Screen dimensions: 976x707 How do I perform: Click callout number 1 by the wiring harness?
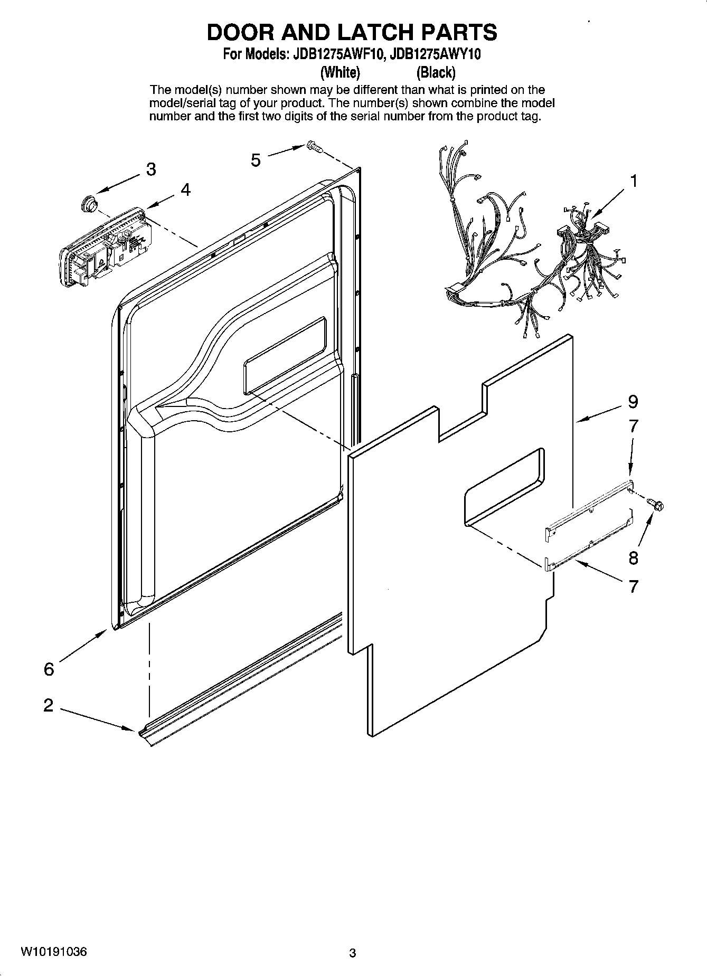click(x=634, y=181)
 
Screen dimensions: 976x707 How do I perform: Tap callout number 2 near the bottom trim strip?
click(x=49, y=705)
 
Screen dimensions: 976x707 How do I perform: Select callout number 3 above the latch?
click(x=151, y=169)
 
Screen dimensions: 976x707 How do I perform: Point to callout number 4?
click(x=185, y=189)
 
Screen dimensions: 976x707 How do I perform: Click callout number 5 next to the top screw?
click(x=256, y=159)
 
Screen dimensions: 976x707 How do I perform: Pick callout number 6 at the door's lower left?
click(x=49, y=669)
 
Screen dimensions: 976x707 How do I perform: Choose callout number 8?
click(x=633, y=557)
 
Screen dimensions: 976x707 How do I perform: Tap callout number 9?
click(x=633, y=402)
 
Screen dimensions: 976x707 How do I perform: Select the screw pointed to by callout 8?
click(x=657, y=505)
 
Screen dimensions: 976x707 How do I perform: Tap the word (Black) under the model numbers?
click(x=436, y=72)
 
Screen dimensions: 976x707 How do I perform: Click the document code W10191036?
click(x=54, y=952)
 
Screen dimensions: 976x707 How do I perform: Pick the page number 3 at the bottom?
click(x=353, y=953)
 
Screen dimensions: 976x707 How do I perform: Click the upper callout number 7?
click(x=633, y=426)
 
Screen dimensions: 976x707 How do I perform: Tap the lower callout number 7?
click(x=633, y=586)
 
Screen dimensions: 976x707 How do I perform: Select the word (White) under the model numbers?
click(x=341, y=72)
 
